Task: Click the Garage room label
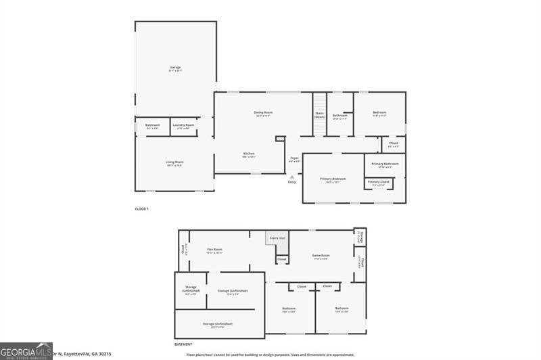175,68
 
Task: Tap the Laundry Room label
183,125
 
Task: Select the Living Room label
175,162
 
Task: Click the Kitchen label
249,154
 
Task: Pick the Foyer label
294,158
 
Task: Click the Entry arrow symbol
292,177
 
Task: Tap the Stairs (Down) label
319,115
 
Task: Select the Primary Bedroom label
333,179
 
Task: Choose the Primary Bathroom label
385,164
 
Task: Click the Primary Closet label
379,182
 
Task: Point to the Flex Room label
214,250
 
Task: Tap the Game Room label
320,256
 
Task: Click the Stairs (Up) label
277,238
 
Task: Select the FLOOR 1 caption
142,208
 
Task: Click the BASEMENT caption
183,344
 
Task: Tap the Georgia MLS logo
26,351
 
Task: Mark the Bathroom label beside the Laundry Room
152,125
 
